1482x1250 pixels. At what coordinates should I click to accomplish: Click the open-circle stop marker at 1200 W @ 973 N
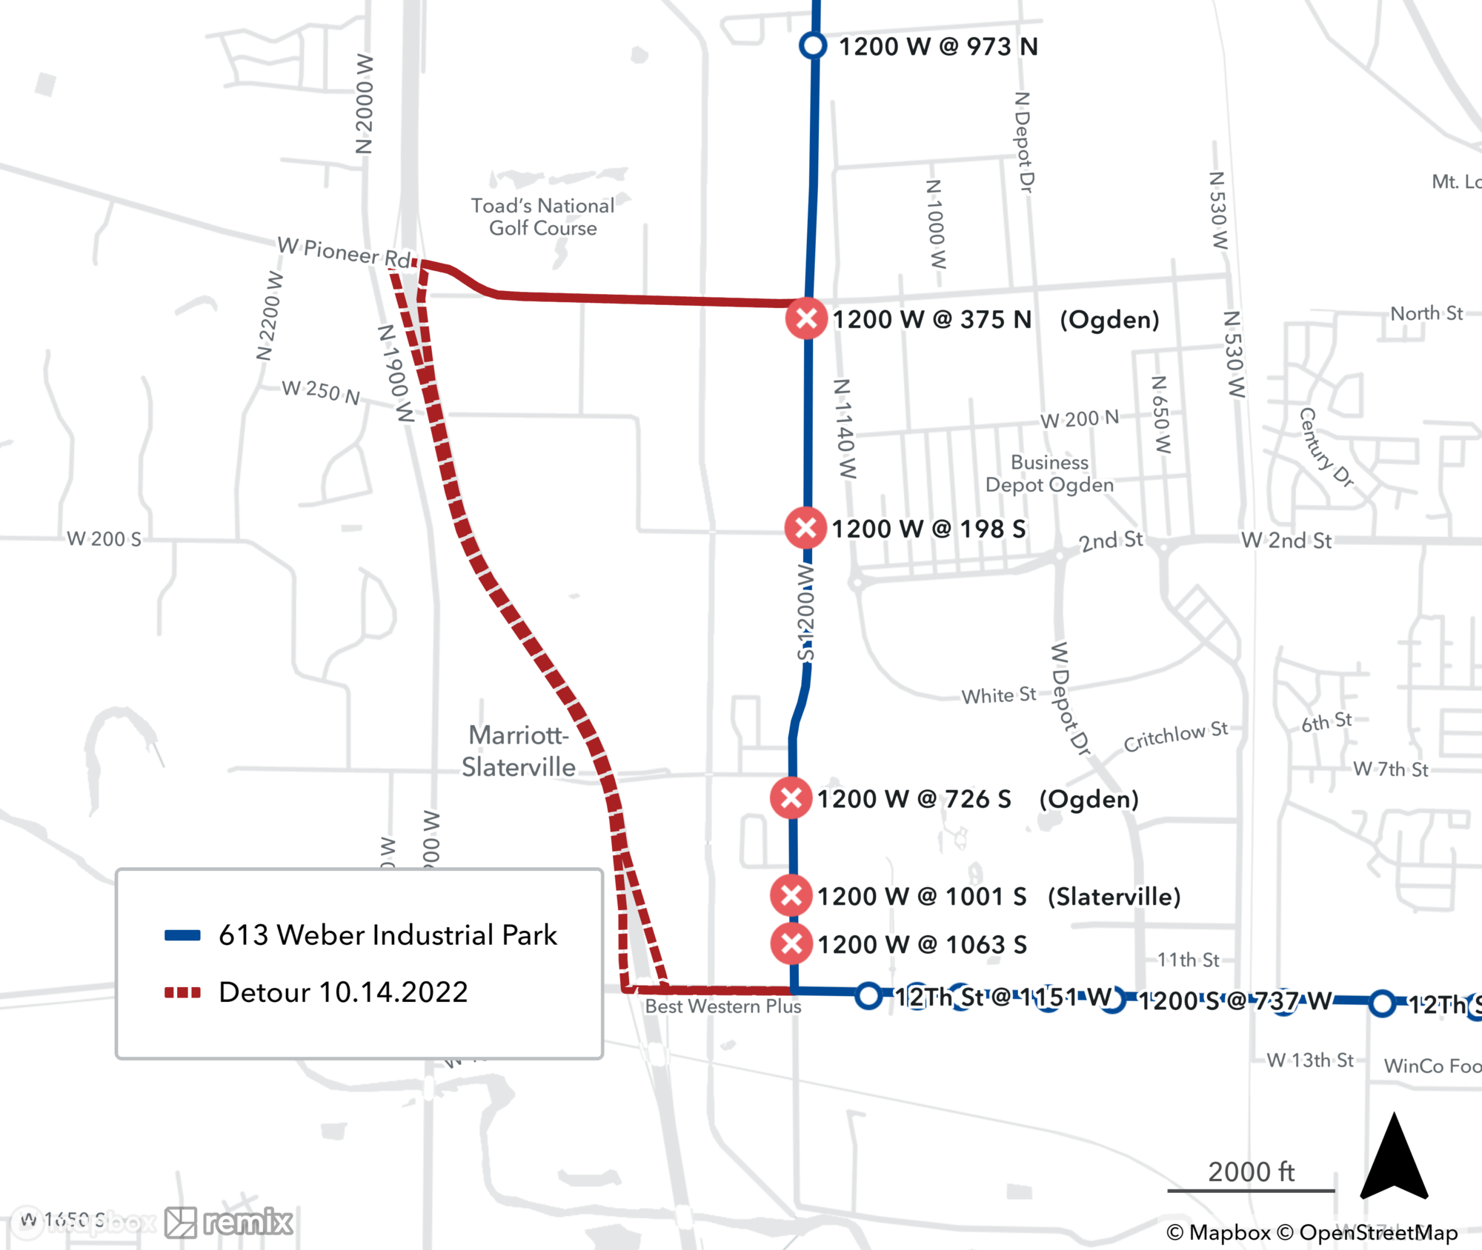pos(813,45)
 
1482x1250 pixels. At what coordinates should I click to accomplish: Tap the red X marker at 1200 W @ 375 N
pos(806,319)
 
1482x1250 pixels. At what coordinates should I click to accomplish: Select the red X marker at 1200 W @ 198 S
pos(805,528)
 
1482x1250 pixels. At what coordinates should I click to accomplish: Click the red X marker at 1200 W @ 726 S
pos(791,798)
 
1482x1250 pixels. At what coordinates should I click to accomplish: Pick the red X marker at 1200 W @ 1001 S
pos(791,895)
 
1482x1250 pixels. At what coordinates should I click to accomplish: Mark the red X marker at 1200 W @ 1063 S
pos(791,943)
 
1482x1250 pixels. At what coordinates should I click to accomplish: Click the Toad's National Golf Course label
pos(542,216)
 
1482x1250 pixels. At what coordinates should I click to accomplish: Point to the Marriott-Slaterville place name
pos(518,751)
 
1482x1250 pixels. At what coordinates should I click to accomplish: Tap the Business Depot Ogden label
pos(1049,473)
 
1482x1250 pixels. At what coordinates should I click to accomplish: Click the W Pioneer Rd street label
pos(344,252)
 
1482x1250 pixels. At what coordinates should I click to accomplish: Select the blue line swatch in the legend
pos(182,935)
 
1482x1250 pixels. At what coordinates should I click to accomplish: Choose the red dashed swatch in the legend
pos(182,992)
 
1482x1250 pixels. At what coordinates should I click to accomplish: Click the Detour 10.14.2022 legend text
pos(343,992)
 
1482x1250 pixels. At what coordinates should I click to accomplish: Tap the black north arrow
pos(1394,1159)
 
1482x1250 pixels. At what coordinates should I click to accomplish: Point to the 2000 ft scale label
pos(1251,1172)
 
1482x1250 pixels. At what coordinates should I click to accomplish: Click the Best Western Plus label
pos(722,1006)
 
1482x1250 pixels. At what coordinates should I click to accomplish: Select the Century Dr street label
pos(1326,448)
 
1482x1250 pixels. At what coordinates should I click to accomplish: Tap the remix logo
pos(230,1222)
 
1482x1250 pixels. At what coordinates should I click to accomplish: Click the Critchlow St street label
pos(1175,736)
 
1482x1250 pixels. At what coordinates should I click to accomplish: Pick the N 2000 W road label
pos(364,104)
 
